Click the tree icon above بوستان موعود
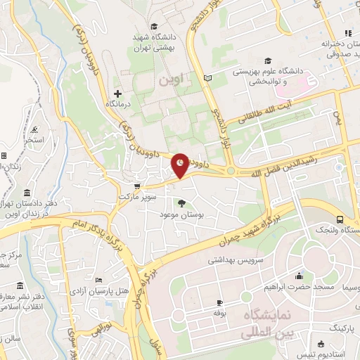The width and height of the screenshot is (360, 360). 182,203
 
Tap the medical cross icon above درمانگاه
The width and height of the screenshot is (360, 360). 117,94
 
